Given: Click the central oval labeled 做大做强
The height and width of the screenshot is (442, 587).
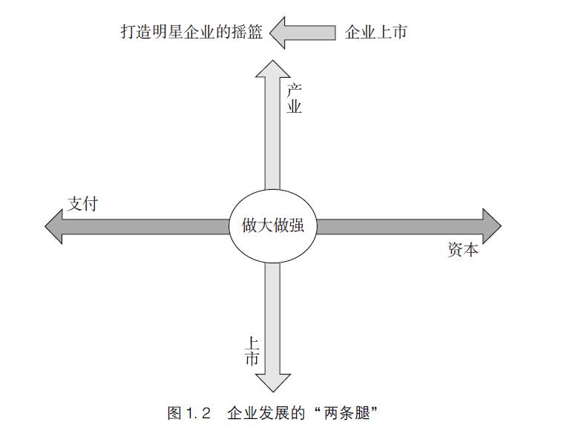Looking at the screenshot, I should (272, 226).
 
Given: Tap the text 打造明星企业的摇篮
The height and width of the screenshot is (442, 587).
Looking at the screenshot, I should (191, 32).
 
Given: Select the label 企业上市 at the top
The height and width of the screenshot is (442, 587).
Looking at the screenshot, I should (376, 32).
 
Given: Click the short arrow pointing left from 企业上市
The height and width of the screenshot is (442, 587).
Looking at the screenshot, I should (302, 33).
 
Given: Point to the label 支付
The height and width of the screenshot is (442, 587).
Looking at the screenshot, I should (82, 203).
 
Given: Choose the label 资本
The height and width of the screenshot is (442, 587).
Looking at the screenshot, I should (462, 250).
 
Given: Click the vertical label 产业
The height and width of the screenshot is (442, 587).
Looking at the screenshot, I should (295, 99).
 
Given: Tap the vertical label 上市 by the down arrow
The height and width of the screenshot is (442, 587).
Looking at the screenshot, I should (252, 351).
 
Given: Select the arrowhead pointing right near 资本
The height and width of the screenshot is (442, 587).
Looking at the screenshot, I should (491, 226).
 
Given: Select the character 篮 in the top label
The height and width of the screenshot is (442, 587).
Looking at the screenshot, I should (255, 32).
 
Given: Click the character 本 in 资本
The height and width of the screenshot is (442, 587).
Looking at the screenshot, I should (470, 250).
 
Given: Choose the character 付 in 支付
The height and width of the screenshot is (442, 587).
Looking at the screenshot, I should (90, 203).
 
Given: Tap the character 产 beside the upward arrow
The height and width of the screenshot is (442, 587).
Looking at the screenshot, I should (295, 90).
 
